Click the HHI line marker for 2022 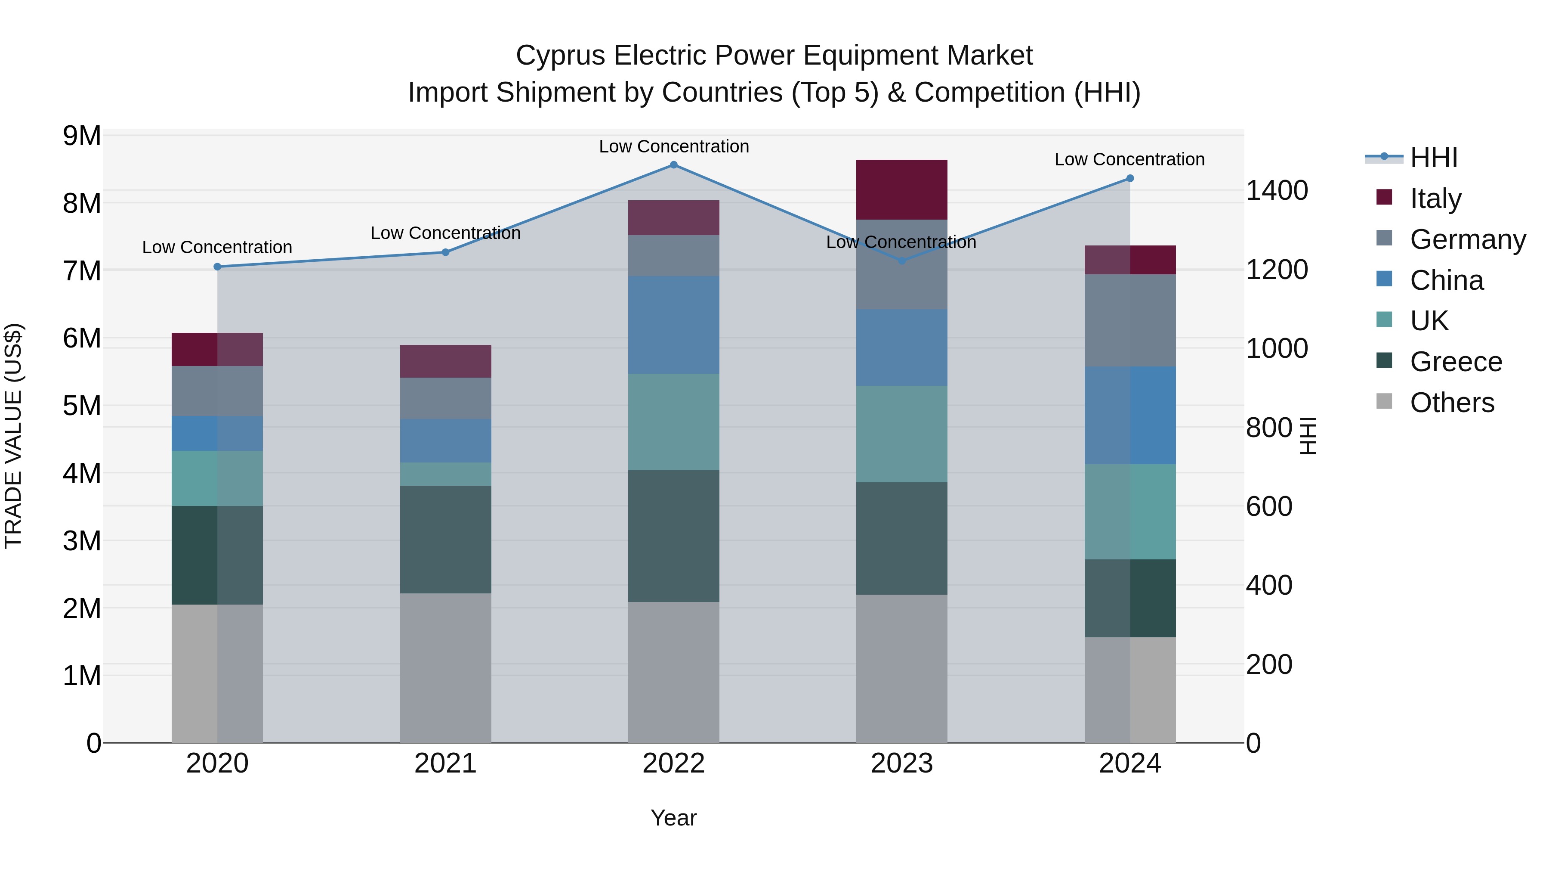pyautogui.click(x=673, y=165)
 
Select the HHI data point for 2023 pyautogui.click(x=901, y=261)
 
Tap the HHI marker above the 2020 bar pyautogui.click(x=218, y=267)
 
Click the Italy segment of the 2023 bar pyautogui.click(x=901, y=189)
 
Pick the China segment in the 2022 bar pyautogui.click(x=673, y=325)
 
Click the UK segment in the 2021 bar pyautogui.click(x=446, y=474)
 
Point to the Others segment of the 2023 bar pyautogui.click(x=901, y=668)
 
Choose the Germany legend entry pyautogui.click(x=1467, y=239)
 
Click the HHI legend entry pyautogui.click(x=1434, y=158)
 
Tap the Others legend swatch pyautogui.click(x=1384, y=401)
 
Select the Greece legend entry pyautogui.click(x=1455, y=362)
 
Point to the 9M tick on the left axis pyautogui.click(x=82, y=136)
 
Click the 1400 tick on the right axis pyautogui.click(x=1276, y=191)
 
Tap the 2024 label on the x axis pyautogui.click(x=1129, y=763)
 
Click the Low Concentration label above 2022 pyautogui.click(x=673, y=146)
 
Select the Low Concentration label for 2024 pyautogui.click(x=1129, y=159)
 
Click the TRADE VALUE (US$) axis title pyautogui.click(x=14, y=436)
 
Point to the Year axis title pyautogui.click(x=673, y=818)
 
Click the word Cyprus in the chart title pyautogui.click(x=560, y=56)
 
